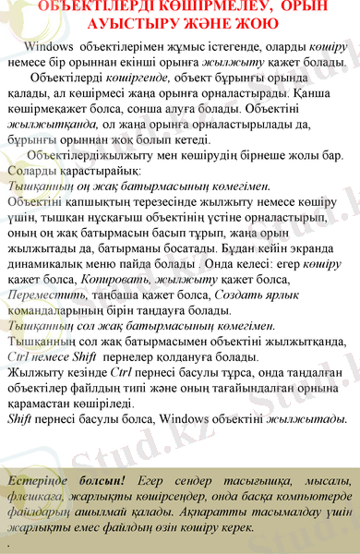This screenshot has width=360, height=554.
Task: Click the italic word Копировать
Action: point(111,278)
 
